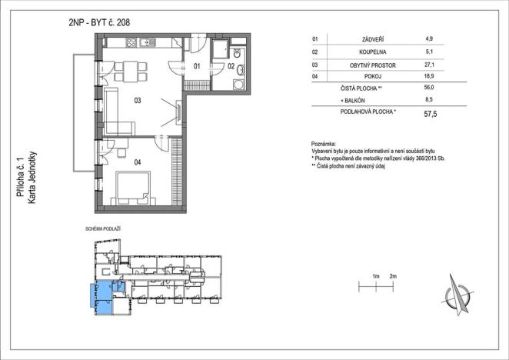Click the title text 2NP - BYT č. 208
pyautogui.click(x=98, y=22)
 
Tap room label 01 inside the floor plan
pyautogui.click(x=197, y=67)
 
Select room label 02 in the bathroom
pyautogui.click(x=230, y=67)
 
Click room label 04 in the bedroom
pyautogui.click(x=137, y=162)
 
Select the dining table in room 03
pyautogui.click(x=131, y=72)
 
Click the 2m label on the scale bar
pyautogui.click(x=393, y=275)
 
